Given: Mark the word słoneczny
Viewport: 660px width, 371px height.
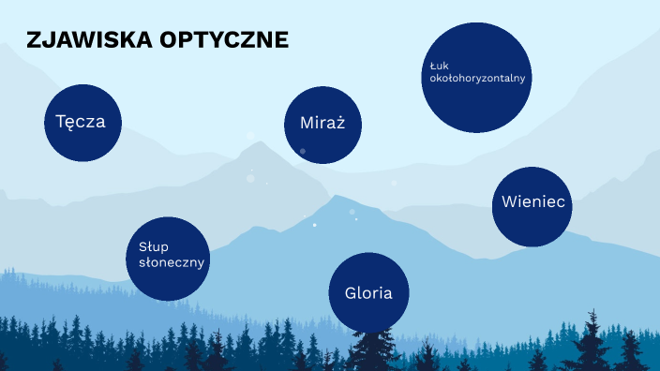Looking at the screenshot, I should [x=166, y=262].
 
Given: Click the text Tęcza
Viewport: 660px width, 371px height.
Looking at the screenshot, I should [x=80, y=122].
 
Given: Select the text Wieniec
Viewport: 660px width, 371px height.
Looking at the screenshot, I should [x=532, y=201].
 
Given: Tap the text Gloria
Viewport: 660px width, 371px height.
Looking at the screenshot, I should [x=368, y=292].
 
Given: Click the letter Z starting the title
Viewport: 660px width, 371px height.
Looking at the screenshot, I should [x=34, y=40].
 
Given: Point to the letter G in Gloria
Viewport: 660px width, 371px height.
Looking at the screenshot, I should [x=351, y=292].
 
